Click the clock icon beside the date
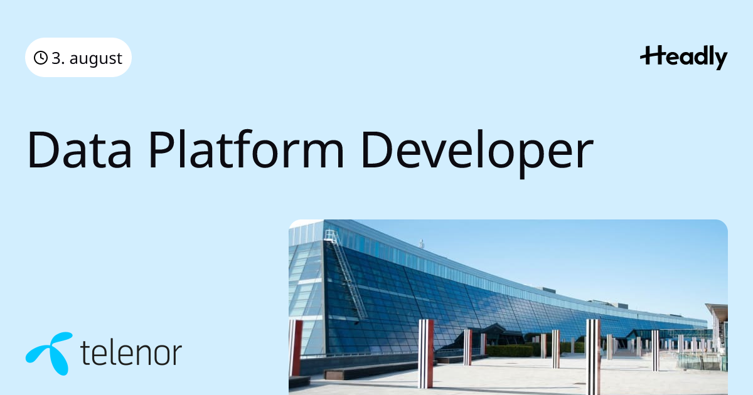[x=40, y=58]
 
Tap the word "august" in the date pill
[x=96, y=59]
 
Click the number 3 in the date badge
[x=56, y=58]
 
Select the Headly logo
[x=683, y=58]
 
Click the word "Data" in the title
[x=79, y=149]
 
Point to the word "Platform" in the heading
[x=247, y=149]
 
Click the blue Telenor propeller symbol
[x=50, y=353]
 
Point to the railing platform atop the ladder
[x=331, y=235]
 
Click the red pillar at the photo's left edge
[x=296, y=347]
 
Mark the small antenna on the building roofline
[x=422, y=243]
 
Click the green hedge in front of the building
[x=510, y=351]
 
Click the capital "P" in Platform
[x=163, y=149]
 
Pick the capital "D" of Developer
[x=377, y=149]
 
